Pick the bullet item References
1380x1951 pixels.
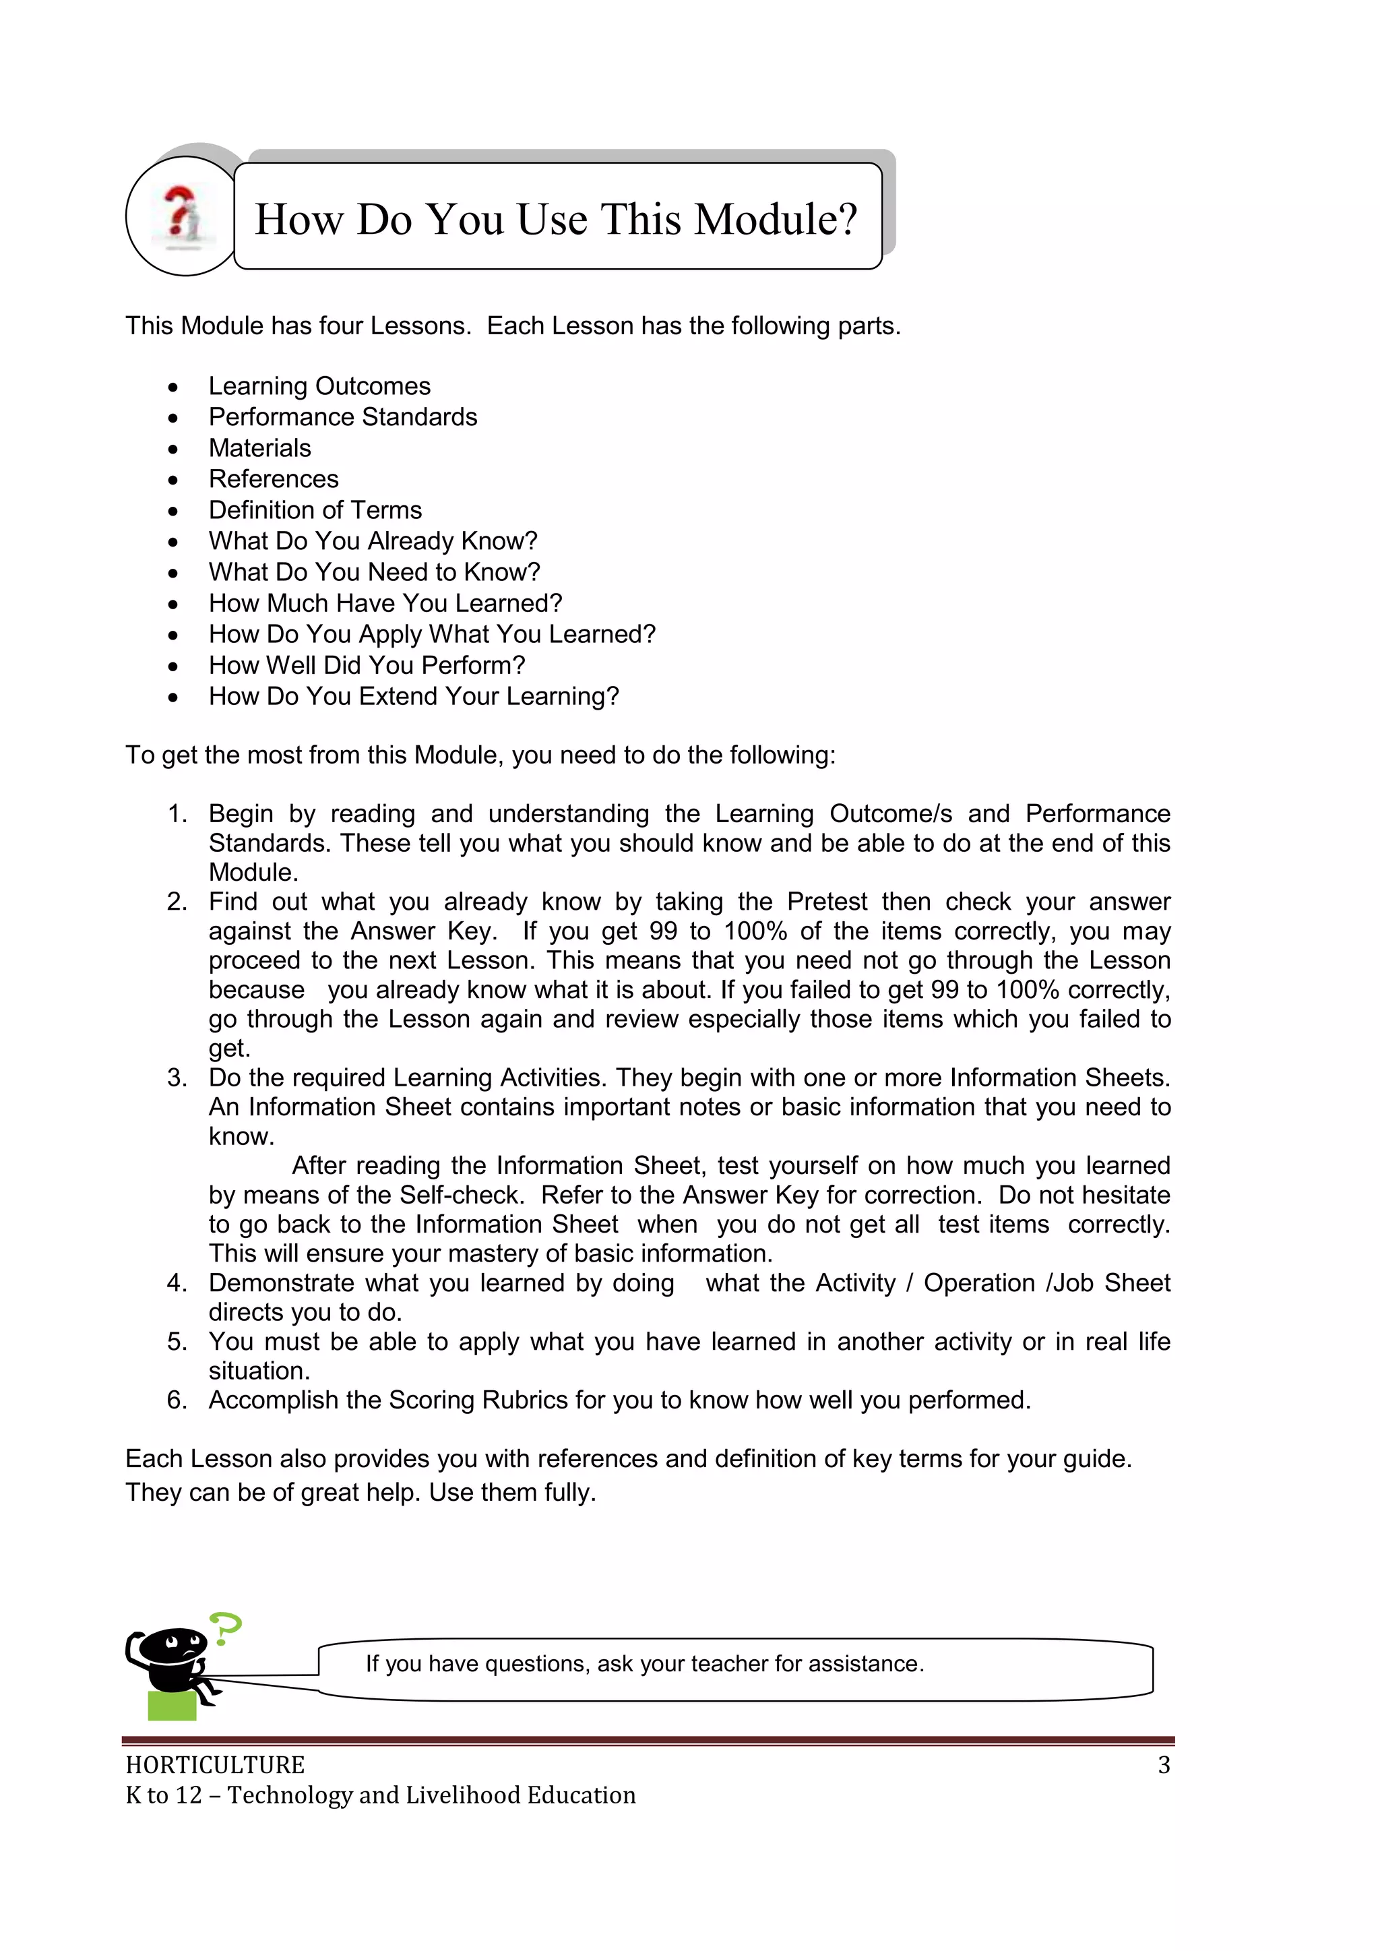tap(274, 479)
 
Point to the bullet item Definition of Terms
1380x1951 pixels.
tap(315, 510)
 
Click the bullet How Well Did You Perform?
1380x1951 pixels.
tap(367, 665)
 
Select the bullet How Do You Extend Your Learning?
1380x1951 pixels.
tap(414, 696)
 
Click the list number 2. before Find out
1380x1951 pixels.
tap(177, 902)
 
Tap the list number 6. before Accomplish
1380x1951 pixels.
tap(177, 1400)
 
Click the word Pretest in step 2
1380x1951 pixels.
tap(827, 902)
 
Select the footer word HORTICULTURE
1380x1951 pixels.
tap(215, 1765)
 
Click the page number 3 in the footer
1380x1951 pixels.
tap(1163, 1765)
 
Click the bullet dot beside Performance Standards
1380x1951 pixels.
tap(173, 418)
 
